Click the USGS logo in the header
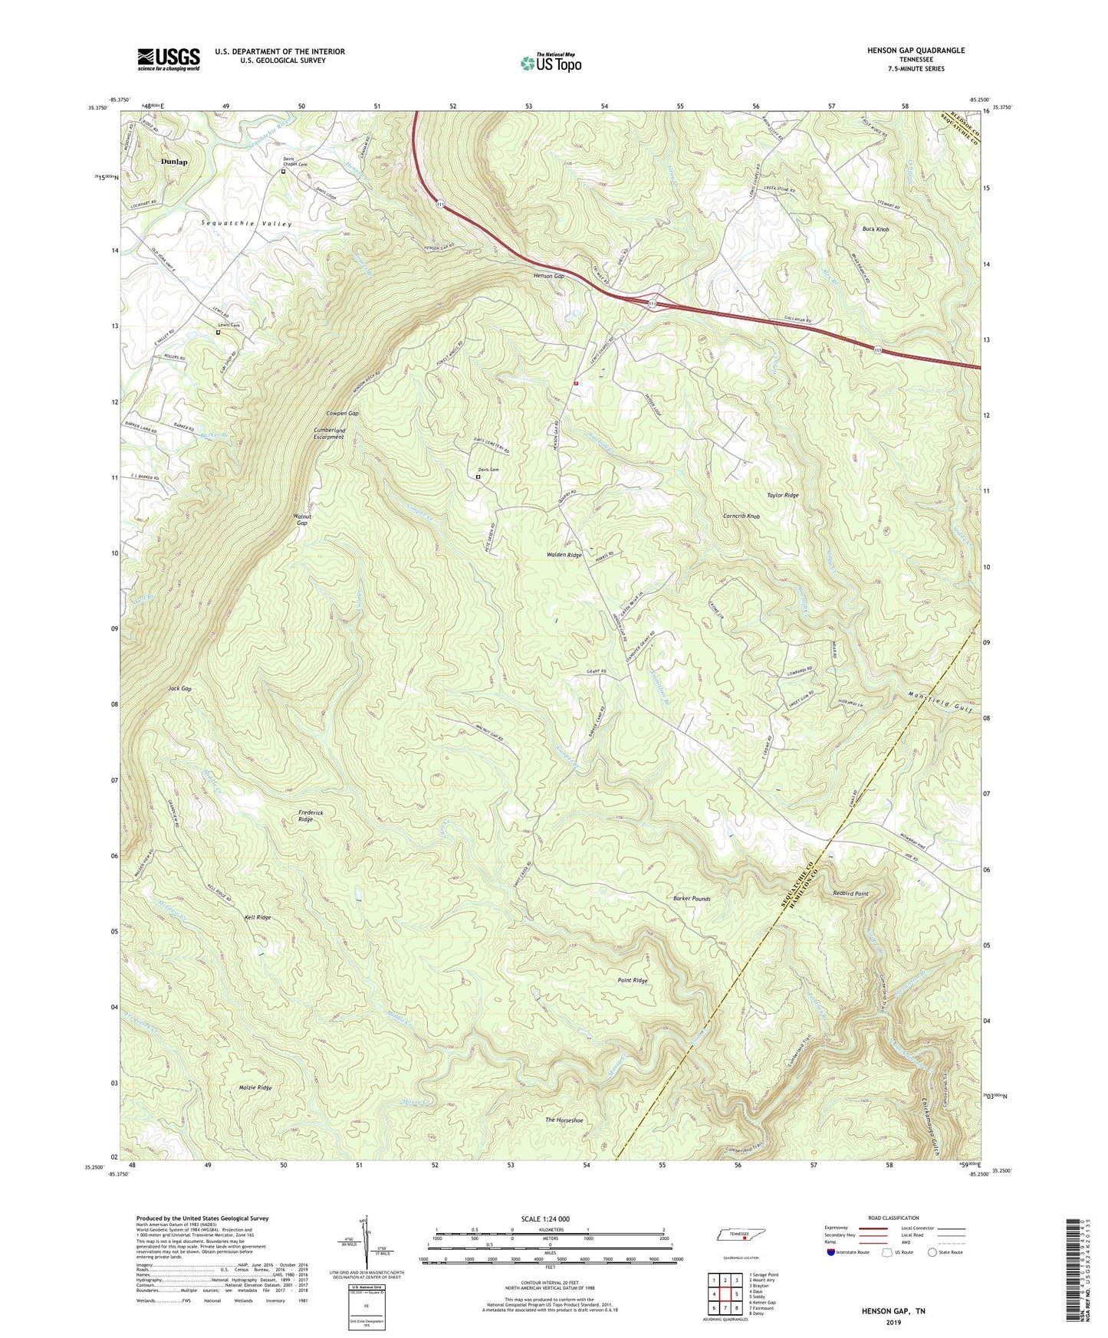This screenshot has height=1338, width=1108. [x=169, y=59]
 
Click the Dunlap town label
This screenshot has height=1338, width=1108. [x=174, y=162]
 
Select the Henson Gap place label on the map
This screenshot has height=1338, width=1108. [x=549, y=276]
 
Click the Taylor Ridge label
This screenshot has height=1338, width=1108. [x=782, y=495]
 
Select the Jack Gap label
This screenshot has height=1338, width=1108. [x=179, y=689]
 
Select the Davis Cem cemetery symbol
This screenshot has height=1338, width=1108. [x=478, y=477]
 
